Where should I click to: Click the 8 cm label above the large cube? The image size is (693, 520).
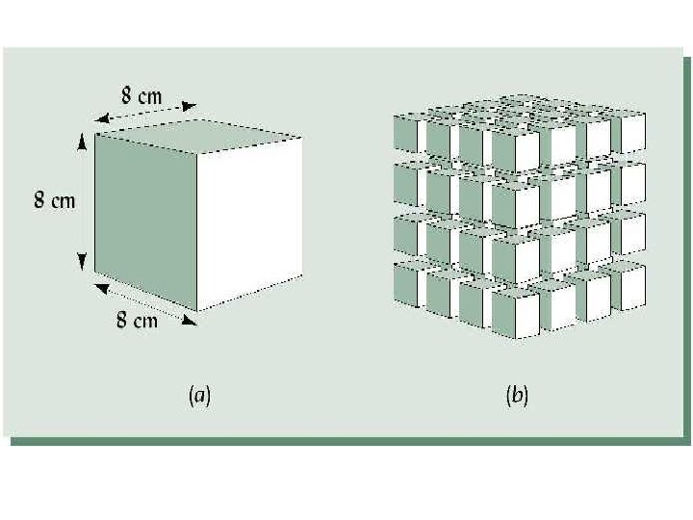[141, 95]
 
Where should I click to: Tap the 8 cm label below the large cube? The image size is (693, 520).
[137, 320]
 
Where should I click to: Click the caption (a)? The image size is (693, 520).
[200, 395]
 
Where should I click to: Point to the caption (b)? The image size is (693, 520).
[516, 395]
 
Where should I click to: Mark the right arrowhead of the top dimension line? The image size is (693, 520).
[191, 107]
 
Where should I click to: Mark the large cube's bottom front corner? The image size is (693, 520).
[198, 311]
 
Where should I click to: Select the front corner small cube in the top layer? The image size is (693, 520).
[515, 150]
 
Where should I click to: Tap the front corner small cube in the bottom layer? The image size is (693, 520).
[515, 314]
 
